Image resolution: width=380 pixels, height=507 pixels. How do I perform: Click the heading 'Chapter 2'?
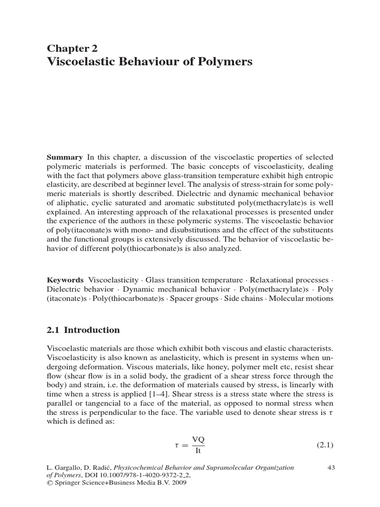pyautogui.click(x=72, y=48)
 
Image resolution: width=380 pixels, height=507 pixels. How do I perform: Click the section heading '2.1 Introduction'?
pyautogui.click(x=83, y=330)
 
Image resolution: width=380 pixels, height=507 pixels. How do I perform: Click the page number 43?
pyautogui.click(x=332, y=467)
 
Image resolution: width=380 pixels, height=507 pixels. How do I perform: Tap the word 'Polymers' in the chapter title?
pyautogui.click(x=229, y=62)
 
